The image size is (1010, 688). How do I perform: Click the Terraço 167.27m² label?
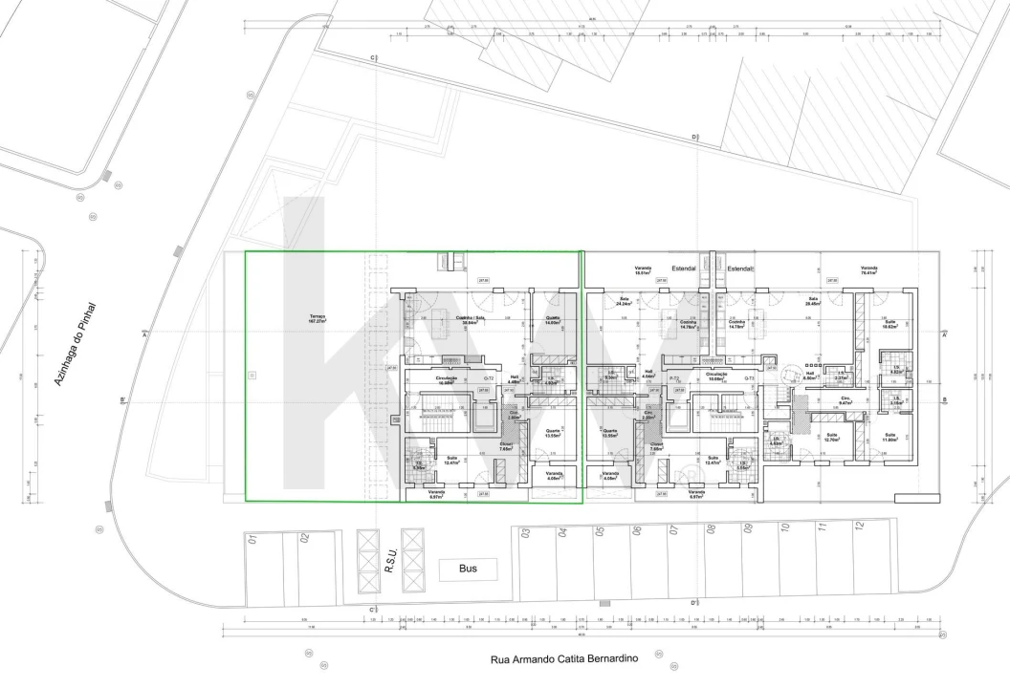318,319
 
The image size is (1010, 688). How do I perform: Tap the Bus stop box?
468,570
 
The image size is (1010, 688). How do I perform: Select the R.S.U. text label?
391,559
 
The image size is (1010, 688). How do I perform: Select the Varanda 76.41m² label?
868,270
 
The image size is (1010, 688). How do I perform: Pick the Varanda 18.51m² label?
644,270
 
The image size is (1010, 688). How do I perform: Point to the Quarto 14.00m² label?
553,320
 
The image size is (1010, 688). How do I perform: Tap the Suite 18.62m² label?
889,324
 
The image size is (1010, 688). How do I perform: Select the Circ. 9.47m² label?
845,400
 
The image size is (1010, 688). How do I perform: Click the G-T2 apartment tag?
489,379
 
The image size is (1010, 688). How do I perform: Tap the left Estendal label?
684,269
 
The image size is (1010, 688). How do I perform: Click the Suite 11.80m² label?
889,438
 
